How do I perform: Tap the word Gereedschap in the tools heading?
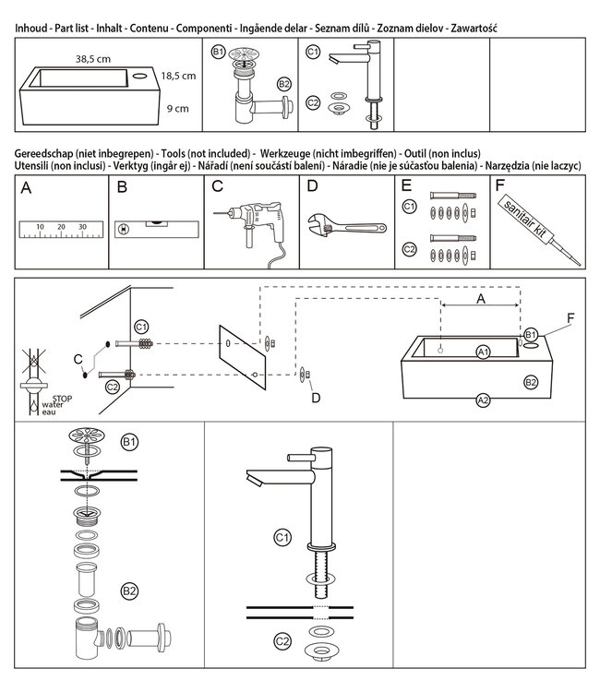(48, 152)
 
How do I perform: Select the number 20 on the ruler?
(61, 226)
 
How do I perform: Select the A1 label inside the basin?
(483, 352)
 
